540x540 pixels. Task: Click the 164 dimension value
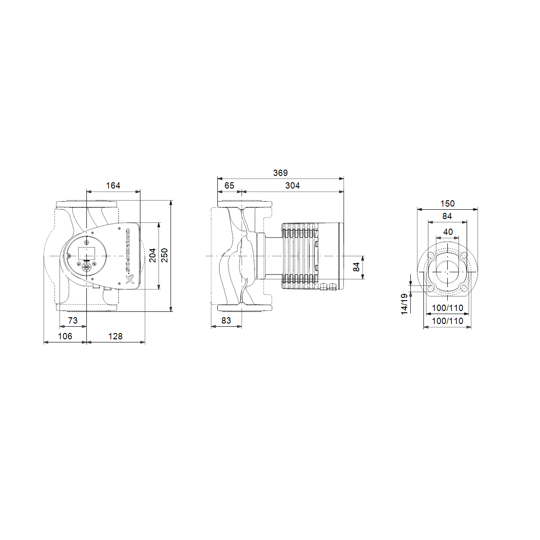(x=113, y=185)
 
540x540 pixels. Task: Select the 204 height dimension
(x=153, y=256)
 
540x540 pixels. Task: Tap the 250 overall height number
(x=164, y=256)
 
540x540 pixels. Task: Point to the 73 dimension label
(x=72, y=320)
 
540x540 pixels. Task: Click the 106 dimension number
(x=65, y=336)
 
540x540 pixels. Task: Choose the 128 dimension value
(x=115, y=336)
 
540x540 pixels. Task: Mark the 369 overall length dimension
(x=280, y=173)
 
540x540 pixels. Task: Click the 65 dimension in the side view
(x=229, y=185)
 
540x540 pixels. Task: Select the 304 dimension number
(x=292, y=185)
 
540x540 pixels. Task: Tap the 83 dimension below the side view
(x=226, y=320)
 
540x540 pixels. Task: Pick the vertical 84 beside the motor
(x=356, y=267)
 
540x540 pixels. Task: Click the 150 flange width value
(x=447, y=203)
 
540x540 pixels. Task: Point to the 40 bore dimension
(x=448, y=232)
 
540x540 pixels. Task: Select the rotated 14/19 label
(x=404, y=304)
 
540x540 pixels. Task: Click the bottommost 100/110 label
(x=447, y=321)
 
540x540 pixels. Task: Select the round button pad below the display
(x=86, y=268)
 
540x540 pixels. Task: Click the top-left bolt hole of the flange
(x=431, y=256)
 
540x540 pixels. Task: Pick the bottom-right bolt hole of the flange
(x=464, y=288)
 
